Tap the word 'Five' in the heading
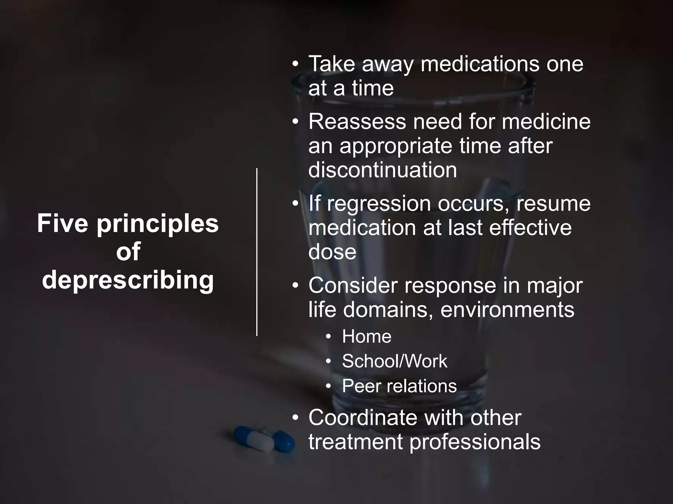tap(62, 223)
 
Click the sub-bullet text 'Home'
tap(366, 336)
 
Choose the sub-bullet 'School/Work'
tap(394, 361)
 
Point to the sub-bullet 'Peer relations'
tap(399, 386)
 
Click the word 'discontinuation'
tap(383, 170)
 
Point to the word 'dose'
tap(332, 252)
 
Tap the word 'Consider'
tap(353, 285)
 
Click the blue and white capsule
tap(264, 439)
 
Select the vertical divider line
tap(257, 252)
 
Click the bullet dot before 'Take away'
tap(295, 64)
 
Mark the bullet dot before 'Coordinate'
tap(295, 418)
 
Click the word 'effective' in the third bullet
tap(530, 228)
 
